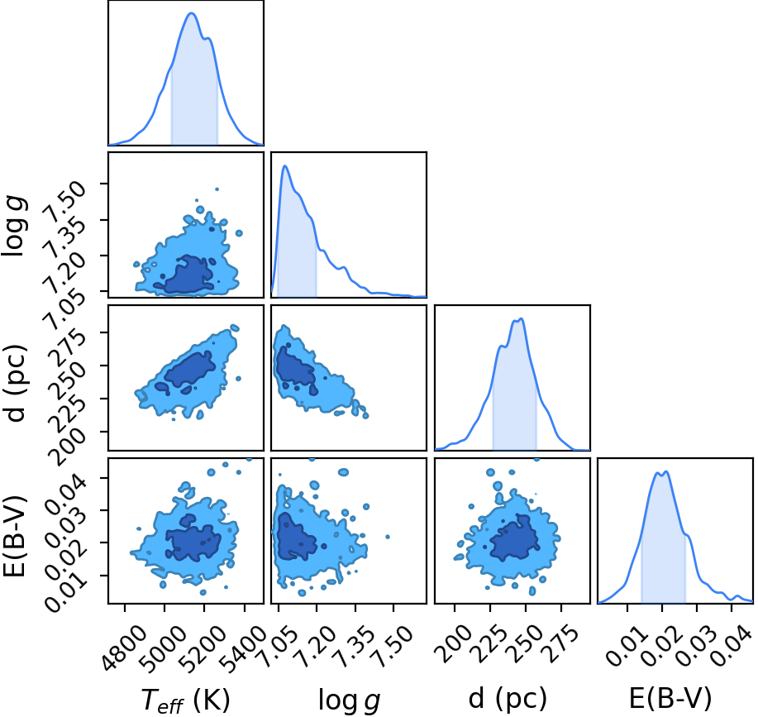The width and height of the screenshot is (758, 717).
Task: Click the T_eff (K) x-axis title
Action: click(185, 700)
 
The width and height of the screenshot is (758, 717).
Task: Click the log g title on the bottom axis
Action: click(349, 700)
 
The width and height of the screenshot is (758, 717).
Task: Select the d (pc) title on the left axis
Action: click(15, 383)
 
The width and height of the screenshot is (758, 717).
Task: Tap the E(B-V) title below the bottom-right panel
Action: click(670, 698)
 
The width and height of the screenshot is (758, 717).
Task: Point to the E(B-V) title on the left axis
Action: click(15, 535)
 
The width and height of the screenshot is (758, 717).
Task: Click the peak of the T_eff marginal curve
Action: click(192, 13)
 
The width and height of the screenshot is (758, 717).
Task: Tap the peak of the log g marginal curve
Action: click(285, 166)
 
